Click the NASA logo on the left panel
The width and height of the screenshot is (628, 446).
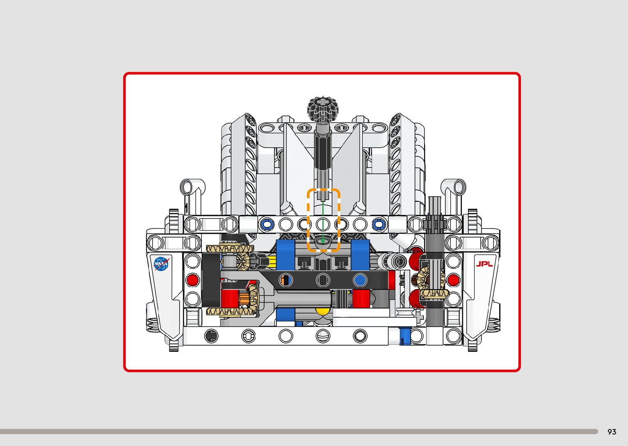pyautogui.click(x=162, y=264)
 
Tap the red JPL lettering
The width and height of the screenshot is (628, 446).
pyautogui.click(x=484, y=264)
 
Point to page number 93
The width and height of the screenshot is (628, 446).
pyautogui.click(x=612, y=431)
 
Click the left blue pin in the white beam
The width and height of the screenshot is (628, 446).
pyautogui.click(x=267, y=224)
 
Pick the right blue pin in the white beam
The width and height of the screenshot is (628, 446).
pyautogui.click(x=379, y=224)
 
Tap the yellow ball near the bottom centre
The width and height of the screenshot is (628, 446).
pyautogui.click(x=322, y=311)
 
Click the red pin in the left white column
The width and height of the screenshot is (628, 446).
pyautogui.click(x=193, y=280)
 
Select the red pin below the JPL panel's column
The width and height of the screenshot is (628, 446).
pyautogui.click(x=453, y=280)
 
